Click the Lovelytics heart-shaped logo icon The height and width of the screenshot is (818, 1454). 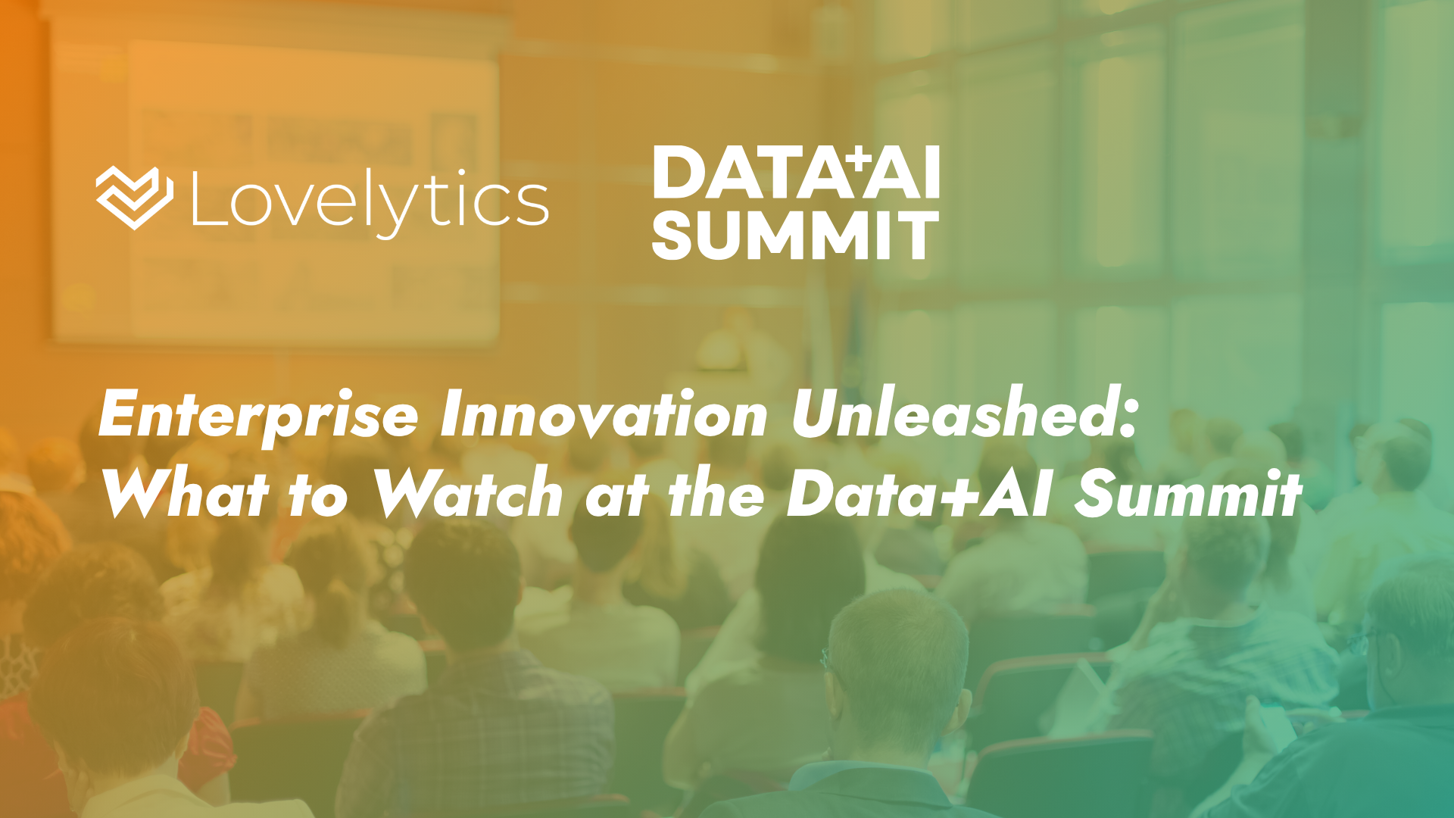(x=135, y=198)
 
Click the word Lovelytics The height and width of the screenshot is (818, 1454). (x=370, y=201)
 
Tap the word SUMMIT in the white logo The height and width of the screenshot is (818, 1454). (x=795, y=236)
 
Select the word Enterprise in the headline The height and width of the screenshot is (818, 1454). (x=258, y=417)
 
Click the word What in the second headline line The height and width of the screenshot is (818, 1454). (x=186, y=492)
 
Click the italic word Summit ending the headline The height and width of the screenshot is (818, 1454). (x=1188, y=492)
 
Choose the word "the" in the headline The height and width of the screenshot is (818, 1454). (x=716, y=492)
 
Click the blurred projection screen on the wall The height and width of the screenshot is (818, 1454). (x=276, y=189)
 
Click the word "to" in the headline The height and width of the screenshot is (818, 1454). (x=318, y=496)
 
